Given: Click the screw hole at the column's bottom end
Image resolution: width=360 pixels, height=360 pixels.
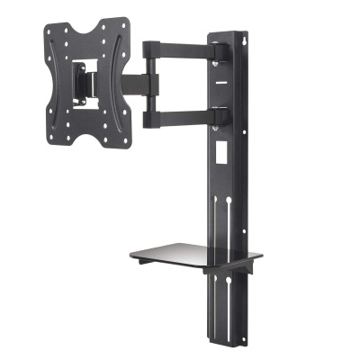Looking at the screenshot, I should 231,338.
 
